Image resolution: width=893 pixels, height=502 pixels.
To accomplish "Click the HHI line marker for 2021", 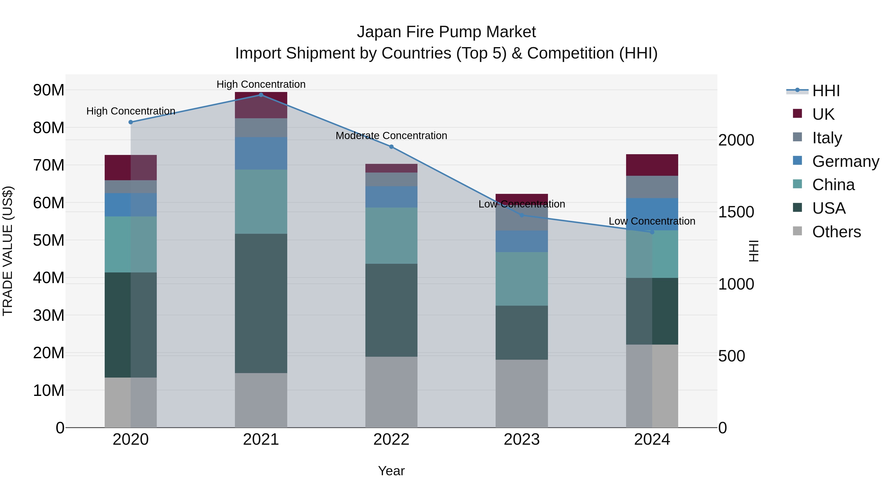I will tap(261, 95).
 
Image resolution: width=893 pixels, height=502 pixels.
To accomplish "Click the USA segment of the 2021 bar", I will tap(261, 303).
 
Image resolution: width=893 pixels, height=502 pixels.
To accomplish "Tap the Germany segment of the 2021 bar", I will tap(261, 153).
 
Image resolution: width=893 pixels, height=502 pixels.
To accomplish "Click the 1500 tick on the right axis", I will tap(736, 212).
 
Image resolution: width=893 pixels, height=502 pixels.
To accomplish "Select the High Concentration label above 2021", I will tap(261, 84).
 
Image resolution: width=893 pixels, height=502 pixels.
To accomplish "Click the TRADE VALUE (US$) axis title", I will tap(8, 251).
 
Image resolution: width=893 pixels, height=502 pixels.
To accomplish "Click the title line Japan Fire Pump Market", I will tap(446, 32).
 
